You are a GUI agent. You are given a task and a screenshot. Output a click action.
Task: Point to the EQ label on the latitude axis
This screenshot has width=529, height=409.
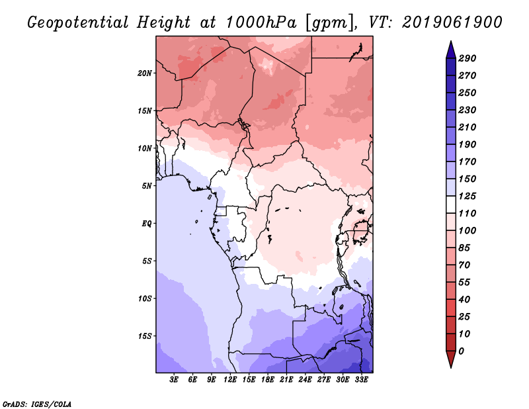147,223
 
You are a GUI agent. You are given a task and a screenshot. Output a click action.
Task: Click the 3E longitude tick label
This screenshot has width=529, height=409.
175,380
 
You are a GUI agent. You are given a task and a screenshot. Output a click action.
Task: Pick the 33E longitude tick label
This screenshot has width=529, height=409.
362,380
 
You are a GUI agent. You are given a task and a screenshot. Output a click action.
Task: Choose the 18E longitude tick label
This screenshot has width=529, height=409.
268,380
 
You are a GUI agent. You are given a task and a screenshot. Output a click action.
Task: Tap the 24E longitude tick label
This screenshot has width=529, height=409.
305,380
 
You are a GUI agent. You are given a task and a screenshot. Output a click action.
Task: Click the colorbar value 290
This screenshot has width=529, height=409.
468,58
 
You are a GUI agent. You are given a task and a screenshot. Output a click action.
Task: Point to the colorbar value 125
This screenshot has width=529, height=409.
468,196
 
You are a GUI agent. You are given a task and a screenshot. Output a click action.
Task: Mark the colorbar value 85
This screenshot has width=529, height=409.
465,248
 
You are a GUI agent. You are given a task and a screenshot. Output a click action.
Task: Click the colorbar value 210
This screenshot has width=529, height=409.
468,127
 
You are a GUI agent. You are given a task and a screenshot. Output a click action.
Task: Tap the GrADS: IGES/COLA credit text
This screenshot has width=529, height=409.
36,403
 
